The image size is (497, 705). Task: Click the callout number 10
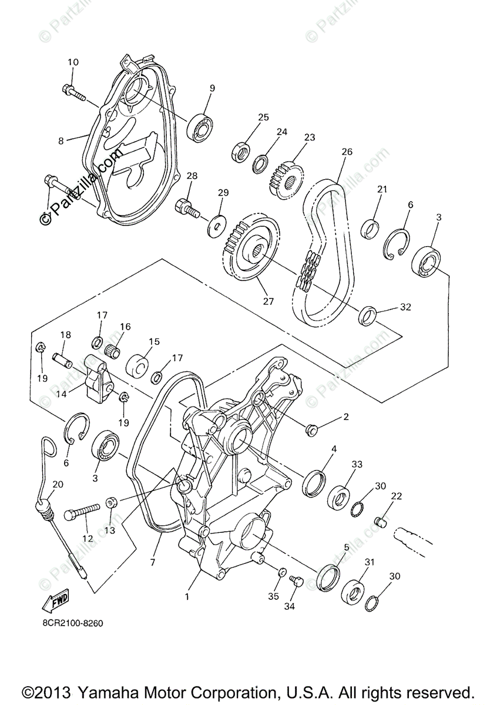coord(72,62)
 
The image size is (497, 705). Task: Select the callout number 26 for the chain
coord(347,152)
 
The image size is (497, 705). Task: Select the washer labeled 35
coord(281,573)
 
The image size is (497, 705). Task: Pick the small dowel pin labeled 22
coord(381,521)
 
